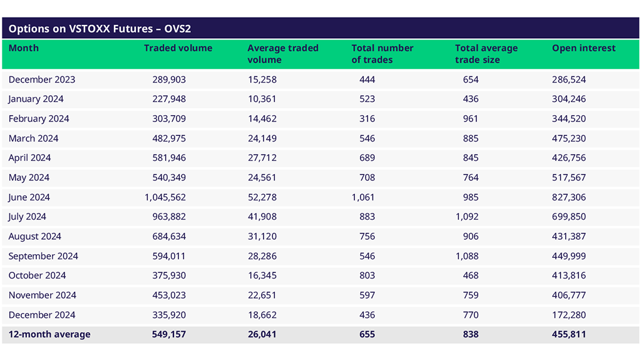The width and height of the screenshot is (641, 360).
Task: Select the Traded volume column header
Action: (178, 48)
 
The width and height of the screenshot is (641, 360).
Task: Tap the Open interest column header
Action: (583, 48)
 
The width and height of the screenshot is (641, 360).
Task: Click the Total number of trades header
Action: (382, 54)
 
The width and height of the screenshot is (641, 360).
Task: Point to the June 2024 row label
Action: (29, 197)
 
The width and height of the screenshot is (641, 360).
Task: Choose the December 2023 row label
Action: (41, 80)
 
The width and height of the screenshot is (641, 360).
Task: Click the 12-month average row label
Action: (49, 334)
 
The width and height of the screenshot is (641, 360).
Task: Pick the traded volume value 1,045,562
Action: (165, 197)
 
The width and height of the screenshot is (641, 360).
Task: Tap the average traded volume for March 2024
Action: (262, 138)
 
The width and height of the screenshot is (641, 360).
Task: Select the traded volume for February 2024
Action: (169, 119)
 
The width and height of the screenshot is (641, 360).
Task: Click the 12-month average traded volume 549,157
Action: (169, 334)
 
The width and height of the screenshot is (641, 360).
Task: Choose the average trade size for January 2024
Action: (471, 99)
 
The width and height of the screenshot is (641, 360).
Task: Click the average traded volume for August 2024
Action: (262, 237)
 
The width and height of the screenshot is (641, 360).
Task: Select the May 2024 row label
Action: (28, 178)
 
